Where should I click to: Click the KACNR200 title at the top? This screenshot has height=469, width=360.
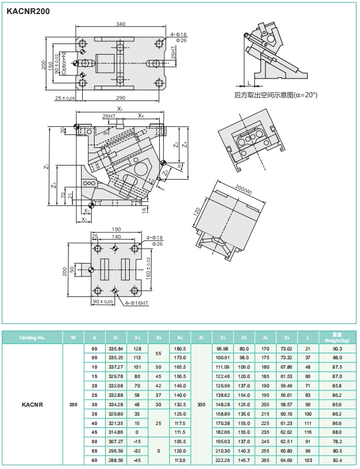(28, 9)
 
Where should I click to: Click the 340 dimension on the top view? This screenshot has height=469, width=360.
(120, 24)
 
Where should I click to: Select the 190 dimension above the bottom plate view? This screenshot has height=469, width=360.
(116, 230)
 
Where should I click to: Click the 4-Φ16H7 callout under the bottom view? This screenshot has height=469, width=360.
(136, 303)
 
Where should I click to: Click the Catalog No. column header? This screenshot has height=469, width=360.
(32, 338)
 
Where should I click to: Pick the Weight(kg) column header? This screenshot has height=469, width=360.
(337, 338)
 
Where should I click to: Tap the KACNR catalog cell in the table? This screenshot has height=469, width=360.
(32, 404)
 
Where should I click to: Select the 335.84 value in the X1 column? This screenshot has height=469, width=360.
(116, 349)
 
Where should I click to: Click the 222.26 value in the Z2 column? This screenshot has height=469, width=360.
(223, 460)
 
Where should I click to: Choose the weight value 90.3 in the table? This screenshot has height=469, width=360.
(337, 349)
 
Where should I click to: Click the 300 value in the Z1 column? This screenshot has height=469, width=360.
(201, 404)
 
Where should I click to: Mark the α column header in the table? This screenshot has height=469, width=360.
(95, 338)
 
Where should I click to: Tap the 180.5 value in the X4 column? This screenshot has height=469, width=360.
(180, 349)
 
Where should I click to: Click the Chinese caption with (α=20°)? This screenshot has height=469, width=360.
(275, 94)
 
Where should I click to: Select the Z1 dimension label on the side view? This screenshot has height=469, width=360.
(45, 167)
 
